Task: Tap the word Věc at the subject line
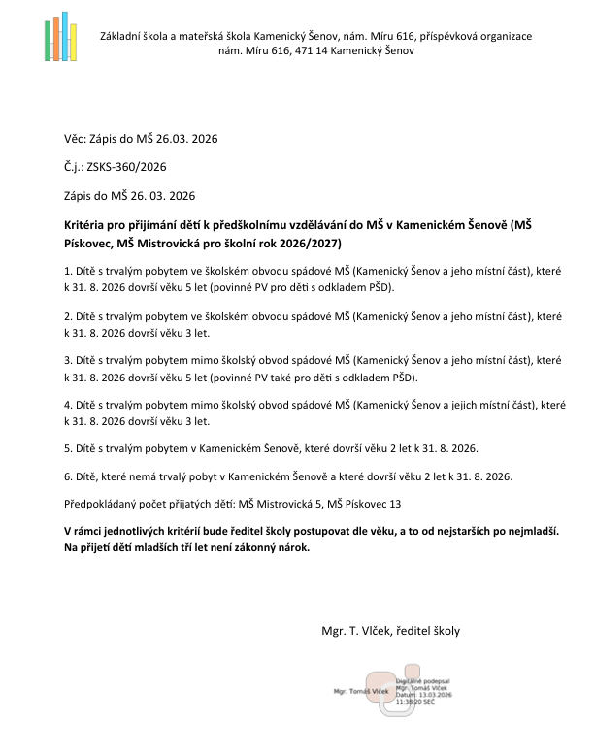click(x=73, y=139)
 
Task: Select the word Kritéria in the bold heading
click(x=84, y=224)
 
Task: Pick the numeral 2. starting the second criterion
click(x=66, y=316)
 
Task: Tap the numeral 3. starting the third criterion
click(x=66, y=359)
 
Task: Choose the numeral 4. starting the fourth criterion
click(x=66, y=403)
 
